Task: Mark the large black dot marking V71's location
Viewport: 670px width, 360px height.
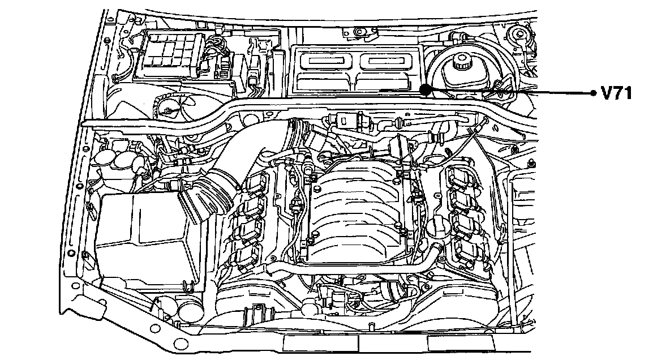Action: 426,89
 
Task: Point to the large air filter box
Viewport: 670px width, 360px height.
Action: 141,238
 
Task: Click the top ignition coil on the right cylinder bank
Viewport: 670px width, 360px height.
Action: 459,177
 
